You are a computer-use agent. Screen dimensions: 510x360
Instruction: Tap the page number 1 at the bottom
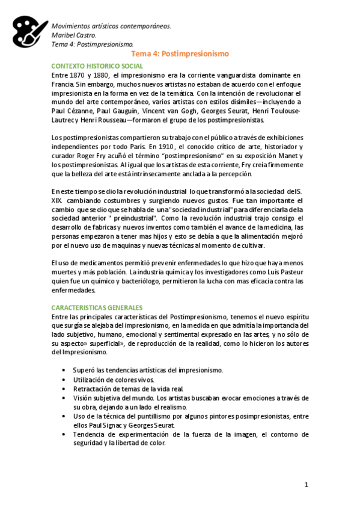(306, 485)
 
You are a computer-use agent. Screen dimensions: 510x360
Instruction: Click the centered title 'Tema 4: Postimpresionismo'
(180, 54)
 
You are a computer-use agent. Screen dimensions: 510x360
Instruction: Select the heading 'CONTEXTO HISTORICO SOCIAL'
(97, 66)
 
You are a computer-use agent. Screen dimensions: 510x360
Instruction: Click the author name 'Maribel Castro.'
(74, 35)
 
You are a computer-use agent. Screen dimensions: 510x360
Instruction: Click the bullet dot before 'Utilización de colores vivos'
(64, 380)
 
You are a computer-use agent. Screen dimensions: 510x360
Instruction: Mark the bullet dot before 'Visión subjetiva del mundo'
(64, 398)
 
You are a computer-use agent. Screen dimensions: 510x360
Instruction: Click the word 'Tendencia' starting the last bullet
(91, 434)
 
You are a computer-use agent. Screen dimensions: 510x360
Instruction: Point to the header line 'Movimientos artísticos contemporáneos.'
(111, 26)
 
